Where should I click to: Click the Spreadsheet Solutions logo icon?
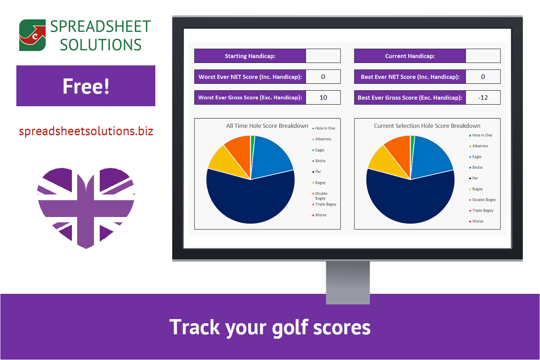coord(32,35)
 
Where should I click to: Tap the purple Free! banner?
coord(86,86)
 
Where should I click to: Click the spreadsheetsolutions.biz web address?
coord(86,131)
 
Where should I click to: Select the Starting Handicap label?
coord(250,56)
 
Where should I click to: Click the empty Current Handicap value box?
coord(483,56)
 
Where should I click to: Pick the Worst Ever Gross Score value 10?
coord(323,98)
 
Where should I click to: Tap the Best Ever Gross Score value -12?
coord(483,98)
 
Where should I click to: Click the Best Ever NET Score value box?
coord(483,77)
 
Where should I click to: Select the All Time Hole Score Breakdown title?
coord(267,126)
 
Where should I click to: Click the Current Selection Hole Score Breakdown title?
coord(427,126)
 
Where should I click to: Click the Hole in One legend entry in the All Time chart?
coord(325,128)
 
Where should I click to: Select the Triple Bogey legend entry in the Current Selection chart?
coord(482,210)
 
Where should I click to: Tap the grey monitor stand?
coord(348,282)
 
